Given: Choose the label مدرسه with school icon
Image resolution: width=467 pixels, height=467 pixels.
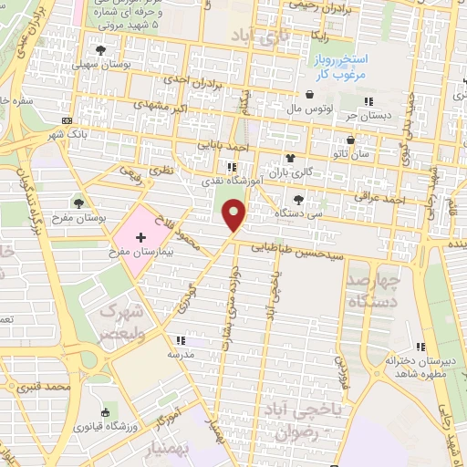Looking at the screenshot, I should coord(180,353).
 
